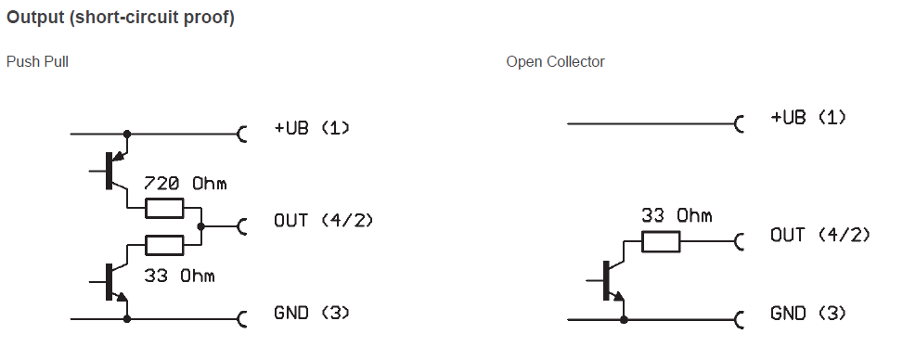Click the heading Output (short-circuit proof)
point(121,19)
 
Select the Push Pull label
point(38,62)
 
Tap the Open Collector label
point(555,62)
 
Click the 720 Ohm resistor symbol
point(165,208)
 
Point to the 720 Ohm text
point(185,184)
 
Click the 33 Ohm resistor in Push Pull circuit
point(165,244)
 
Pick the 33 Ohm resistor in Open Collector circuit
point(661,242)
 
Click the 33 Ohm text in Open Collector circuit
point(677,216)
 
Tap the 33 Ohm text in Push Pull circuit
point(179,276)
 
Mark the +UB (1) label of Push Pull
point(312,128)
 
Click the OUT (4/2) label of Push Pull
point(324,221)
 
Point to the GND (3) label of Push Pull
point(312,314)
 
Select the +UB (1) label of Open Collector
point(807,118)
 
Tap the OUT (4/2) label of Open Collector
point(820,236)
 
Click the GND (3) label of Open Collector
point(807,314)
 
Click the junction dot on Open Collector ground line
point(624,319)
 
